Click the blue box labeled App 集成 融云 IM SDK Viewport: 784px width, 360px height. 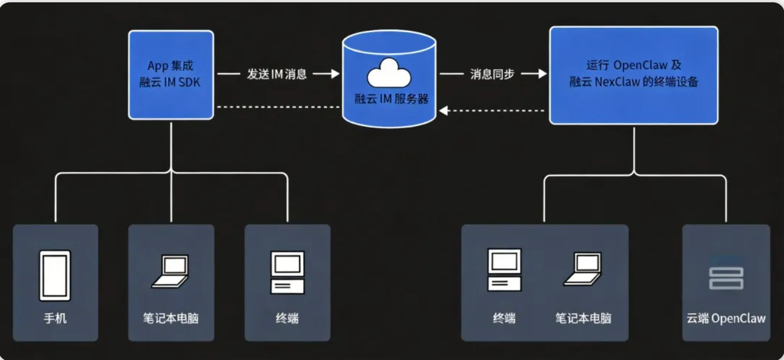pyautogui.click(x=171, y=74)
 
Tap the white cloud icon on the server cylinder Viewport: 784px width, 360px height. pyautogui.click(x=389, y=74)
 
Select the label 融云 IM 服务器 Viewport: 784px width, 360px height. pyautogui.click(x=391, y=99)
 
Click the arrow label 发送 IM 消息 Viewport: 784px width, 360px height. pyautogui.click(x=277, y=74)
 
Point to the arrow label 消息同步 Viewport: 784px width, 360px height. pyautogui.click(x=492, y=74)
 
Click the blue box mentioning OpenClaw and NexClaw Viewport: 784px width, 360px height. pyautogui.click(x=634, y=74)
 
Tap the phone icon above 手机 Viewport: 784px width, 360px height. pyautogui.click(x=55, y=275)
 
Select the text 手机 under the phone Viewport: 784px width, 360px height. pyautogui.click(x=55, y=318)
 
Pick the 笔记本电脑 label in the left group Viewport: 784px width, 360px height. pyautogui.click(x=171, y=318)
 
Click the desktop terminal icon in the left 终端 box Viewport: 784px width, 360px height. pyautogui.click(x=287, y=272)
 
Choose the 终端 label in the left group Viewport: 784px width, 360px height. pyautogui.click(x=287, y=318)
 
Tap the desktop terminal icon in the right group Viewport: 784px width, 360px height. pyautogui.click(x=504, y=269)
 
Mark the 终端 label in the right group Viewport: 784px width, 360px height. pyautogui.click(x=504, y=318)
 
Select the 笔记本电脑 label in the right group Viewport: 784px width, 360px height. pyautogui.click(x=583, y=318)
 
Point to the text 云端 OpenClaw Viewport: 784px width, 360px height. pyautogui.click(x=726, y=318)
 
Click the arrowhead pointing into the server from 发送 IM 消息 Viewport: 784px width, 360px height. pyautogui.click(x=334, y=74)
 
